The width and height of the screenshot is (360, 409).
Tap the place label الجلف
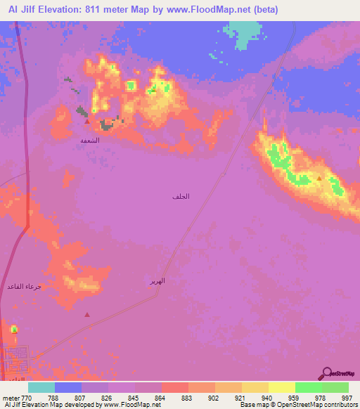point(181,196)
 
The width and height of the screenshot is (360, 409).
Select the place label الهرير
point(157,280)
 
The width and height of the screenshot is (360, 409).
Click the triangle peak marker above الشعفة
point(86,122)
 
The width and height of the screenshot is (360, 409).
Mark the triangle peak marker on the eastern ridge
point(319,178)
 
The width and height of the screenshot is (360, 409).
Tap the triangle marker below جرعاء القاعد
point(87,315)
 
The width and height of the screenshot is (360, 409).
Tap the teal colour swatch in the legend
point(41,387)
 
